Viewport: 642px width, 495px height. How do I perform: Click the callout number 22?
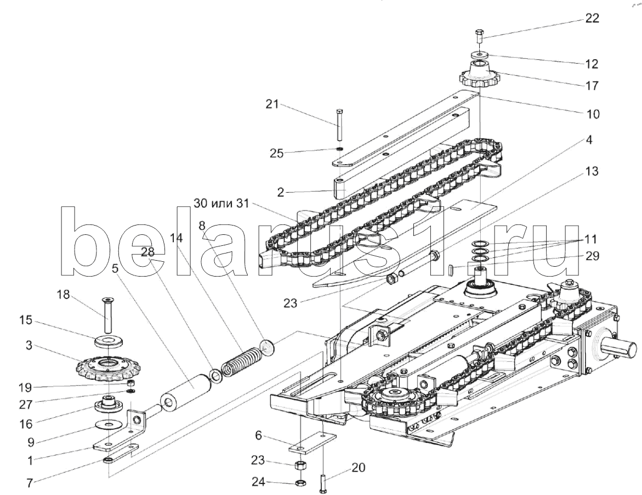click(592, 18)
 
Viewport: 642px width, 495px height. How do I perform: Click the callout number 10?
click(592, 115)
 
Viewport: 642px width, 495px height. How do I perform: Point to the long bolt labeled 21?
click(340, 125)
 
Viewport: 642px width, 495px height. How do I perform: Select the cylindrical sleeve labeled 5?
click(188, 390)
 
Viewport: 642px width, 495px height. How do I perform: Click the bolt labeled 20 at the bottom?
click(324, 483)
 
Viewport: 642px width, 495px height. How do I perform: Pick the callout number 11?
click(591, 239)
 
